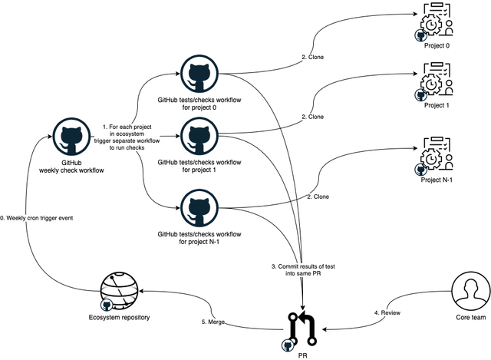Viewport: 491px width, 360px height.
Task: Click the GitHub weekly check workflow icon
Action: pos(71,137)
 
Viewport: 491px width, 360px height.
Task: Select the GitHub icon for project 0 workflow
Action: pos(198,74)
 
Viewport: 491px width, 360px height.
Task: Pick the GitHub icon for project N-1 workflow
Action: pos(198,208)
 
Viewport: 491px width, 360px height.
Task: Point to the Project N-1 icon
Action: pos(434,153)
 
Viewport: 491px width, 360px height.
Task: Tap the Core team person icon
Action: pos(470,291)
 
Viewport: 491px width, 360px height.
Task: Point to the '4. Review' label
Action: pos(387,312)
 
